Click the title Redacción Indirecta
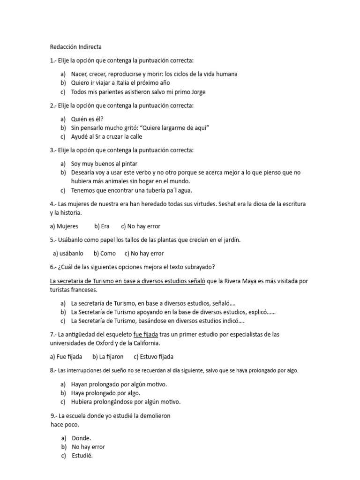75,47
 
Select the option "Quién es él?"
87,119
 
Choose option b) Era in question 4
102,226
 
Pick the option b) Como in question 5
105,253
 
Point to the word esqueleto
115,334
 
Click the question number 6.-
53,267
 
